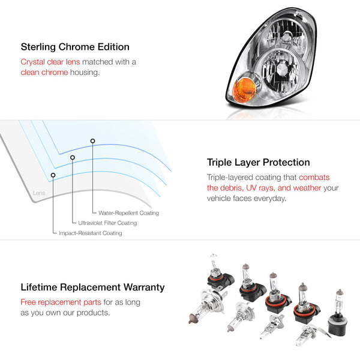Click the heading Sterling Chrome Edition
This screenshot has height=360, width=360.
point(75,47)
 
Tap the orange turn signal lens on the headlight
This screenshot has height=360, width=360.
point(244,89)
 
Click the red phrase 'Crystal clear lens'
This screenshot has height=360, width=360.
point(50,62)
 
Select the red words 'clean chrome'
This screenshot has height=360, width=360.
point(44,73)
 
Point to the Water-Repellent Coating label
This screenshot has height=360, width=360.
point(128,213)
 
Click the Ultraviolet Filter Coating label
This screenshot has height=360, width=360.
point(107,223)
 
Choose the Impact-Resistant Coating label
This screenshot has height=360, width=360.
point(91,233)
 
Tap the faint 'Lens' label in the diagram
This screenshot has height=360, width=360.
point(39,193)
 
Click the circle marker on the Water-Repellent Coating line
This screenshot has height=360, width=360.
point(92,141)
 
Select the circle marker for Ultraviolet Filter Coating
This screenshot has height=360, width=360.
point(73,157)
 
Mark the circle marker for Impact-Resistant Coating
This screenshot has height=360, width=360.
point(53,175)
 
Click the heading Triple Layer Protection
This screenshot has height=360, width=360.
point(258,163)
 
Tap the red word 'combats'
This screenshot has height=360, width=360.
point(314,178)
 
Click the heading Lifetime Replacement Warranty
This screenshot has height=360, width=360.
point(92,287)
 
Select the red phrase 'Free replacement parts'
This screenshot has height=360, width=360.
point(61,302)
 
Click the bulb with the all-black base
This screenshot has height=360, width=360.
point(338,313)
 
